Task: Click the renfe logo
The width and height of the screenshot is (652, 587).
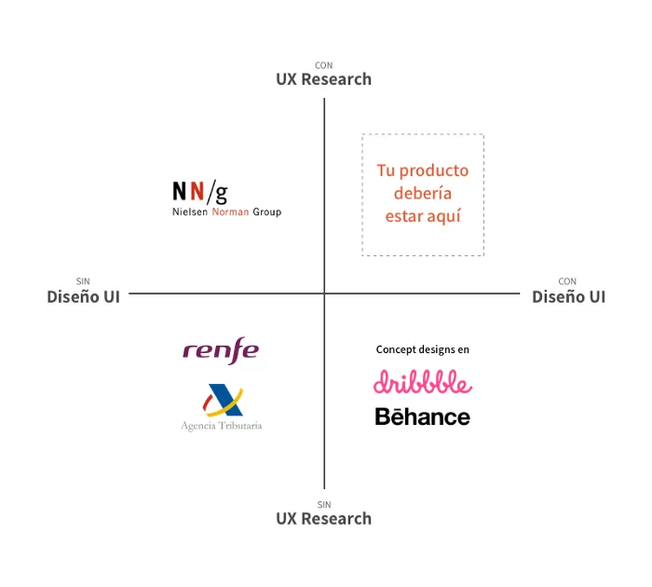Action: click(221, 350)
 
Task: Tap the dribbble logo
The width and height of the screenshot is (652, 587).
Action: click(423, 381)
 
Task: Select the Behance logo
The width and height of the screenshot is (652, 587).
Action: click(423, 416)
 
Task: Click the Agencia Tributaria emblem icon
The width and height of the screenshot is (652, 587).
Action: click(223, 401)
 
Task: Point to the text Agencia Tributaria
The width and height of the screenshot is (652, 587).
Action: click(222, 426)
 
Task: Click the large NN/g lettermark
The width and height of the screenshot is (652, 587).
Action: click(200, 192)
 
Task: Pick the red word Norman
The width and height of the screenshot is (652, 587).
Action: click(230, 212)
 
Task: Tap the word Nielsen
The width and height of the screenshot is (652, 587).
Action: click(190, 212)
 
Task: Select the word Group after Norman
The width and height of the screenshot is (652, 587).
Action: click(267, 212)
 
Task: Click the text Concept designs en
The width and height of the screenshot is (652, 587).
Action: click(423, 349)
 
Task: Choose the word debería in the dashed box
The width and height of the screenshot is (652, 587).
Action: click(423, 193)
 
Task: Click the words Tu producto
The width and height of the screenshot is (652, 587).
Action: click(423, 171)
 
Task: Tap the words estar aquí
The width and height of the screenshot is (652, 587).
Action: click(423, 216)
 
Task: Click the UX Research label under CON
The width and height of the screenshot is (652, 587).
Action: click(324, 79)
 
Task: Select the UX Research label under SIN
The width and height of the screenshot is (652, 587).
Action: click(324, 519)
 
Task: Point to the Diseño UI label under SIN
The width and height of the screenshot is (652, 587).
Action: click(83, 296)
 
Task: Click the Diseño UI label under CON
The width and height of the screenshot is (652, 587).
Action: click(568, 296)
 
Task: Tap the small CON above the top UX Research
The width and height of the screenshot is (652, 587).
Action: click(324, 65)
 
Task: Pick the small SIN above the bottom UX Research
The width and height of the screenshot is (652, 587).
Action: click(324, 505)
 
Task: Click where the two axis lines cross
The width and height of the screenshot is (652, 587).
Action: click(324, 293)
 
